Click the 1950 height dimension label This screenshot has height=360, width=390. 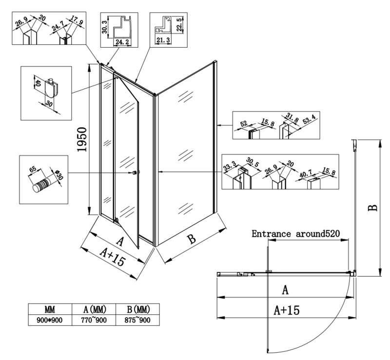coord(81,140)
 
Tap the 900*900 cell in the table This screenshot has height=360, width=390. coord(49,320)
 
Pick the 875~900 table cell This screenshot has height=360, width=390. coord(136,320)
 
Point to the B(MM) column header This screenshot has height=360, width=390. coord(136,309)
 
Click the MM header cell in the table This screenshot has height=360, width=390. coord(49,309)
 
